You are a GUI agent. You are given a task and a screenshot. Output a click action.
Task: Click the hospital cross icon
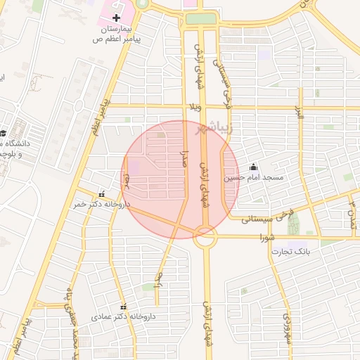pos(117,16)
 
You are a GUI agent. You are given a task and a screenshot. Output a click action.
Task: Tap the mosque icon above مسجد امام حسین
pos(253,167)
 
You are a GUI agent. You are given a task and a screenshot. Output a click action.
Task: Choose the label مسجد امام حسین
pos(253,178)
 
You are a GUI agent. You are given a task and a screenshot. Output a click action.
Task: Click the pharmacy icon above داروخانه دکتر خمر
pos(103,193)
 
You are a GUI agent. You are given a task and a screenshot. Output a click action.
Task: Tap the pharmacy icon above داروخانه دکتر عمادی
pos(124,307)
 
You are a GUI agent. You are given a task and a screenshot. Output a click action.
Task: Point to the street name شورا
pos(266,236)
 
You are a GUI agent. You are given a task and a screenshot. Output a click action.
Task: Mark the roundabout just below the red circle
pos(205,239)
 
